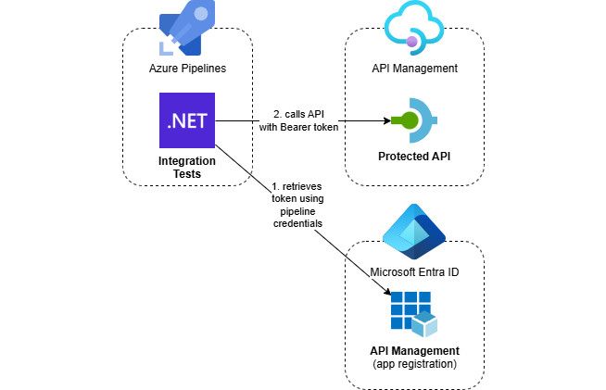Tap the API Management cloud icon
(x=414, y=28)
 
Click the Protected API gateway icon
(x=415, y=120)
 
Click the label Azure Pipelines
(x=187, y=69)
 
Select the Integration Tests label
(x=187, y=168)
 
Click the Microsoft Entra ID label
(x=414, y=272)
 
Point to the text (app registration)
(x=415, y=364)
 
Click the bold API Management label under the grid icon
(x=414, y=351)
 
